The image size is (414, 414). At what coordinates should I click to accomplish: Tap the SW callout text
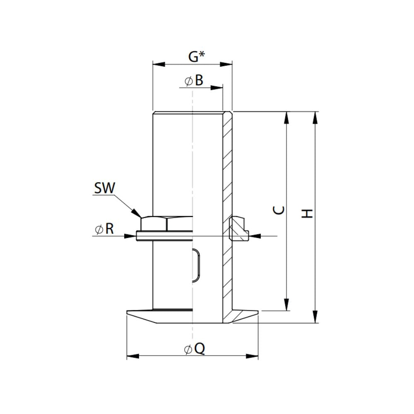pos(104,188)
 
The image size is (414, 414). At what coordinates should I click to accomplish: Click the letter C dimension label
pos(280,211)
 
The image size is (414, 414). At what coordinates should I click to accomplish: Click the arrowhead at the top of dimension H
pos(316,118)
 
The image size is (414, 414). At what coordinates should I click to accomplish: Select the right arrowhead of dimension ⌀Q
pos(252,356)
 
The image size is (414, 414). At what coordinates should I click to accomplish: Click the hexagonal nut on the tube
pos(166,224)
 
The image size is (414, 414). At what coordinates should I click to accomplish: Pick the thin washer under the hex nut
pos(164,236)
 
